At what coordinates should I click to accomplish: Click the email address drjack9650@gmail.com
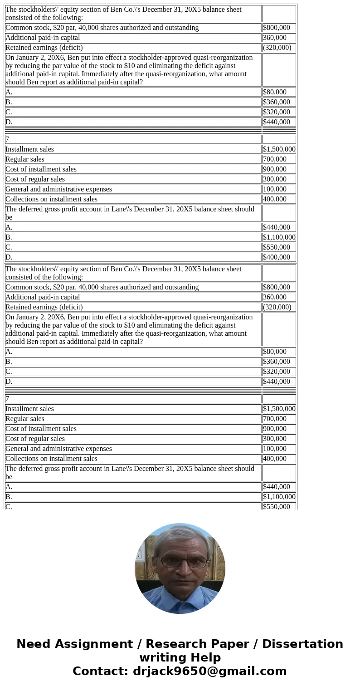pyautogui.click(x=209, y=671)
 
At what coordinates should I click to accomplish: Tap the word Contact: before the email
pyautogui.click(x=100, y=671)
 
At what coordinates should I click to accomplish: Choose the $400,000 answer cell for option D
pyautogui.click(x=276, y=257)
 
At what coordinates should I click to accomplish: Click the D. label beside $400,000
pyautogui.click(x=9, y=257)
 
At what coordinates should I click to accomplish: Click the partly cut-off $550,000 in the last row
pyautogui.click(x=276, y=506)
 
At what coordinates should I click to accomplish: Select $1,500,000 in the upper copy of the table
pyautogui.click(x=279, y=149)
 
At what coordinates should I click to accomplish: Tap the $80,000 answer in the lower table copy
pyautogui.click(x=274, y=352)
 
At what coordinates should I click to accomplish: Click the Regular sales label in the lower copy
pyautogui.click(x=25, y=419)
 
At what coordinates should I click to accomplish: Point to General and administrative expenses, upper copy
pyautogui.click(x=58, y=189)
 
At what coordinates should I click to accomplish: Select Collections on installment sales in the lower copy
pyautogui.click(x=51, y=459)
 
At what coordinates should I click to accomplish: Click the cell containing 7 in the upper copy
pyautogui.click(x=7, y=139)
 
